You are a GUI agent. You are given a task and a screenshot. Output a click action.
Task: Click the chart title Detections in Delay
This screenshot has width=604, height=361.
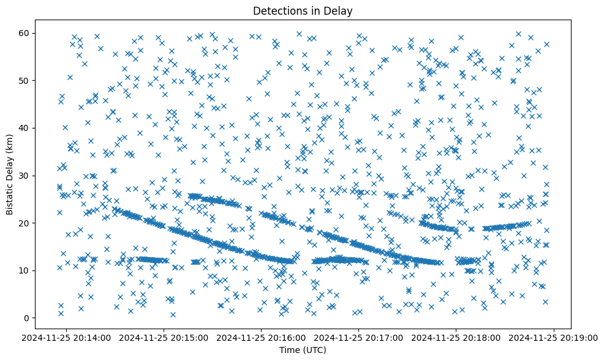coord(303,10)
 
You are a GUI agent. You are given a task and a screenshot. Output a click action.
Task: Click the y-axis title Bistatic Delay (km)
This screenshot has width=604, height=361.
coord(10,175)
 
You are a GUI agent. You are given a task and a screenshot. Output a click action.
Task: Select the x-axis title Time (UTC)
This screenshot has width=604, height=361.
coord(303,350)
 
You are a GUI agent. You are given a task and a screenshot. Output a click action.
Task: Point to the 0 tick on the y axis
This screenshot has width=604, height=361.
coord(27,318)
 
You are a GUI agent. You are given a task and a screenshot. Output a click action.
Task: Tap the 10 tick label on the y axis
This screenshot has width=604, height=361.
coord(25,270)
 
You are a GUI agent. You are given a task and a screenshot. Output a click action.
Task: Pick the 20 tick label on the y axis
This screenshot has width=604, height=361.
coord(25,223)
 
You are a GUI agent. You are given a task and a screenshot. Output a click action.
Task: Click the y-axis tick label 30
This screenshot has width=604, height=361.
coord(25,176)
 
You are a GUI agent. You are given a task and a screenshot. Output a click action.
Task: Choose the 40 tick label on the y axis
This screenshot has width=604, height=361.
coord(25,128)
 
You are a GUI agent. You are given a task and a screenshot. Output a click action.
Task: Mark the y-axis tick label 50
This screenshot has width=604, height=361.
coord(25,80)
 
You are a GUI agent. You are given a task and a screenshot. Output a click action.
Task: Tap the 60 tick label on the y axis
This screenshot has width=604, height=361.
coord(25,33)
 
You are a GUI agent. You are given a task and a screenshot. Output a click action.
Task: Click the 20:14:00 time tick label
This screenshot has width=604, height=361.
coord(67,337)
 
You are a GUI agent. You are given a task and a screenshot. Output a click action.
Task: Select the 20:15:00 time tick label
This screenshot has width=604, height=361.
coord(164,337)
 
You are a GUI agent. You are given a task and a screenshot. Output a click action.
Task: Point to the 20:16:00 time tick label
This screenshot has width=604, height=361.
coord(262,337)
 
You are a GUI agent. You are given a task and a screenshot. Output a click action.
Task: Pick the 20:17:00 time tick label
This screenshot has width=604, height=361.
coord(359,337)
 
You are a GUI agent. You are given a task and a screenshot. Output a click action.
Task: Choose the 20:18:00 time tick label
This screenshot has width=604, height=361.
coord(456,337)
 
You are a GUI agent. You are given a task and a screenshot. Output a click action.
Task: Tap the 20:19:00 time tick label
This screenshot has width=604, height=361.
coord(554,337)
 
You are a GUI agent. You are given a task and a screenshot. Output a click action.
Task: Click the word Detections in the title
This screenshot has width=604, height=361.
coord(278,10)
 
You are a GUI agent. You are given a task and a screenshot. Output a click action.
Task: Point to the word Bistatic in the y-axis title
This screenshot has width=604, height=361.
coord(10,196)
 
